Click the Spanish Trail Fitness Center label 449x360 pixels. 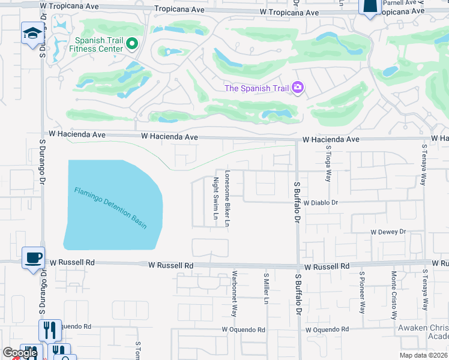tap(99, 44)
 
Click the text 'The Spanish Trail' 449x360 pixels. tap(256, 89)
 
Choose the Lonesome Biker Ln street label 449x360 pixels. tap(228, 199)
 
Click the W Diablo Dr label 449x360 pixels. tap(321, 203)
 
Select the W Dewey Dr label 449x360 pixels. tap(388, 232)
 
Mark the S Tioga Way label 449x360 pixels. tap(328, 164)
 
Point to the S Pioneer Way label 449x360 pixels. tap(362, 292)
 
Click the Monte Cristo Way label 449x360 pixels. tap(394, 295)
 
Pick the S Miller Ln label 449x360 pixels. tap(265, 289)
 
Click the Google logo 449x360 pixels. tap(20, 353)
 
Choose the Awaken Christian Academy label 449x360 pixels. tap(424, 332)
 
